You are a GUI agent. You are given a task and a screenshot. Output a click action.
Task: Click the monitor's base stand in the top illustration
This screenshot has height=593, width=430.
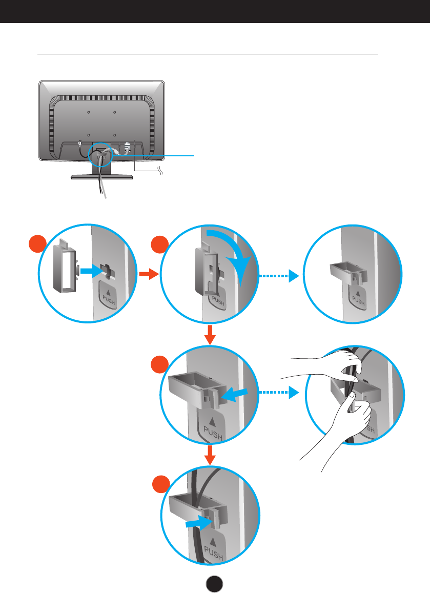(x=101, y=176)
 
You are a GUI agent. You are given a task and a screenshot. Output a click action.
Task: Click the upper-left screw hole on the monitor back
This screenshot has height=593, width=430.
(x=88, y=111)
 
